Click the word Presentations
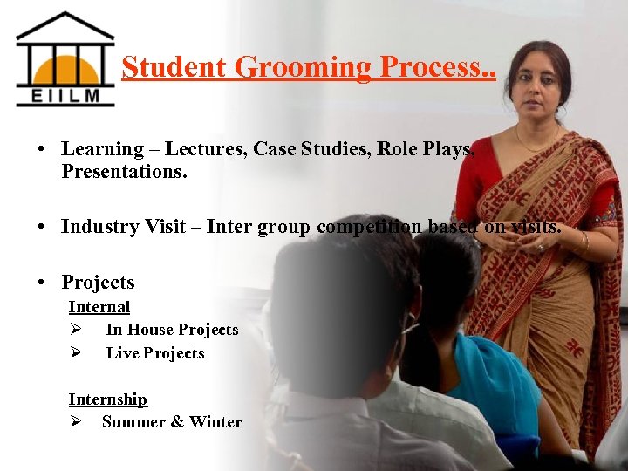click(124, 171)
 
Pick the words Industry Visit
click(123, 227)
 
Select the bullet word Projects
click(98, 282)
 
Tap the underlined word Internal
click(99, 307)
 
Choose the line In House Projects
click(172, 330)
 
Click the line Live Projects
click(155, 353)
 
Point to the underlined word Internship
click(108, 399)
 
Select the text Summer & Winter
click(172, 422)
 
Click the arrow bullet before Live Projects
click(75, 353)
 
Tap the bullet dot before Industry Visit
click(41, 228)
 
